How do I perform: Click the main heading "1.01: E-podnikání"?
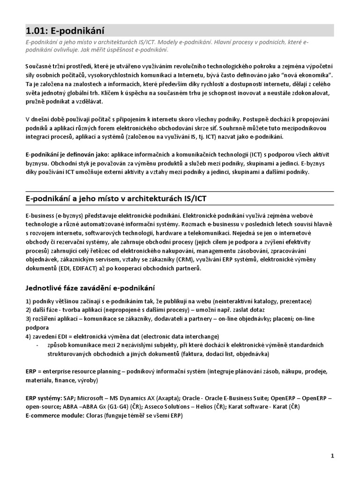point(65,30)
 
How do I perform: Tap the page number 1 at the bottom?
point(332,455)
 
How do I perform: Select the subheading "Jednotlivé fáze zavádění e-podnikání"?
point(90,287)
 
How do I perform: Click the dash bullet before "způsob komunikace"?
point(37,345)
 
